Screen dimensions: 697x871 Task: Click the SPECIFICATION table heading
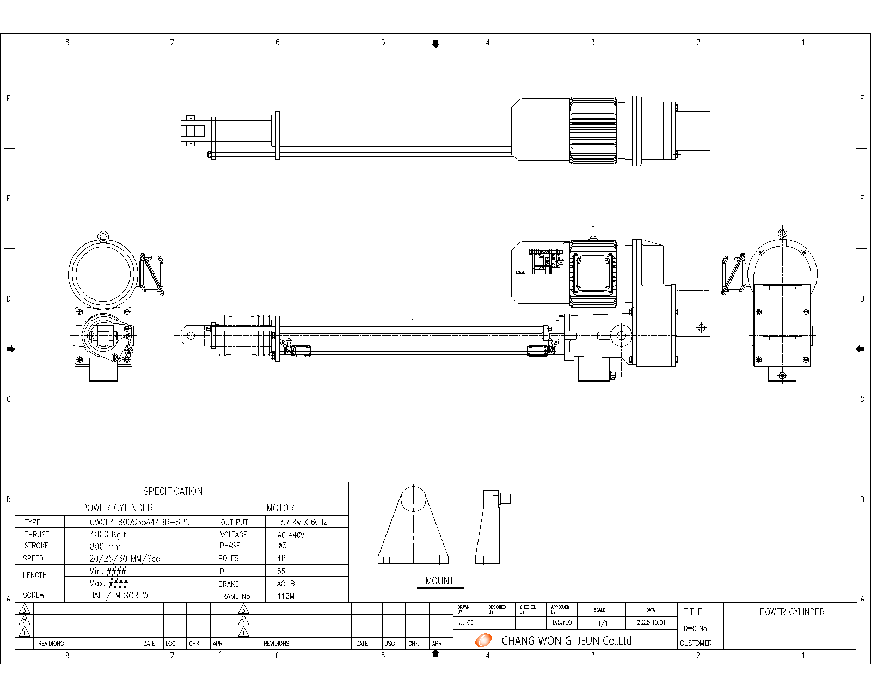coord(173,491)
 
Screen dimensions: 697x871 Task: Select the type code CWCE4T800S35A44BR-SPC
coord(140,522)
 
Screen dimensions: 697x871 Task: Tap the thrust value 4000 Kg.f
coord(108,535)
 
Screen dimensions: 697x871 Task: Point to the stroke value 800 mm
coord(105,546)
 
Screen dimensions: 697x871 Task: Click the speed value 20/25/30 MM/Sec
coord(124,559)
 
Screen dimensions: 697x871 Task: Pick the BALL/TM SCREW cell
coord(119,596)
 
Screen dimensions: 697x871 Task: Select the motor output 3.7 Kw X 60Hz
coord(303,522)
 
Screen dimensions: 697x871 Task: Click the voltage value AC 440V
coord(291,535)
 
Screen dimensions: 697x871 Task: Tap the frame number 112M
coord(286,596)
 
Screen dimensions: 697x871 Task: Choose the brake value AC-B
coord(286,584)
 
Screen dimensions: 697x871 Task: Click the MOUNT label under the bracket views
coord(439,581)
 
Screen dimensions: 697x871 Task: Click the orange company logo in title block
coord(483,640)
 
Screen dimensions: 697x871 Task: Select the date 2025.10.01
coord(651,622)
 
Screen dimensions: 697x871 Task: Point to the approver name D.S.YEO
coord(562,622)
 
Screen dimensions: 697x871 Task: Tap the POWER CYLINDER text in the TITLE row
coord(792,612)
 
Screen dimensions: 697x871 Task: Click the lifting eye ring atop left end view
coord(103,236)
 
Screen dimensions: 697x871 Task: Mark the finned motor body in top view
coord(593,131)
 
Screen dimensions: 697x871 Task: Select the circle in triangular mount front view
coord(414,499)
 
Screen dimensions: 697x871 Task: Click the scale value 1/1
coord(603,623)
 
